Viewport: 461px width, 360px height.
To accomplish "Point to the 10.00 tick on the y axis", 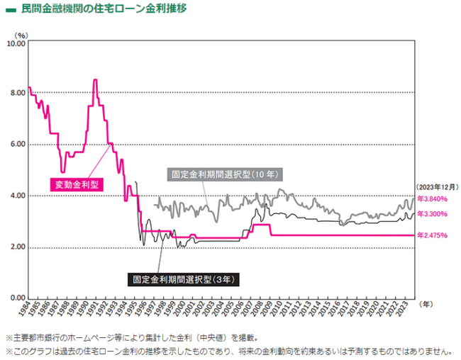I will (x=16, y=43).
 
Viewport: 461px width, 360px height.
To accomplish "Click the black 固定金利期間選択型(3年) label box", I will (x=183, y=279).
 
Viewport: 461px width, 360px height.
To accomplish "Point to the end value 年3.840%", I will (x=432, y=199).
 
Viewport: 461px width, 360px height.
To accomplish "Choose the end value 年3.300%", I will (x=432, y=213).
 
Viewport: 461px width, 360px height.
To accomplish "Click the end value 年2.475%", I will (x=432, y=235).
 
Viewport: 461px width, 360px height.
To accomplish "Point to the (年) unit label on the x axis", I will (x=425, y=303).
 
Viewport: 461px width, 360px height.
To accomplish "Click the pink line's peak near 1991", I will (x=95, y=81).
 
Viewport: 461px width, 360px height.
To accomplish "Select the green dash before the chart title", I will (x=9, y=10).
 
